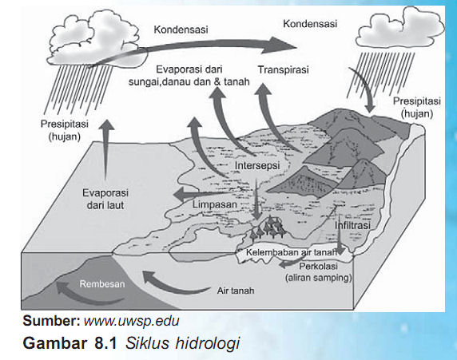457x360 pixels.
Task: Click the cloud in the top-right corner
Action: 398,29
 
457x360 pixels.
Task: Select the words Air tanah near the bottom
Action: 234,291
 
